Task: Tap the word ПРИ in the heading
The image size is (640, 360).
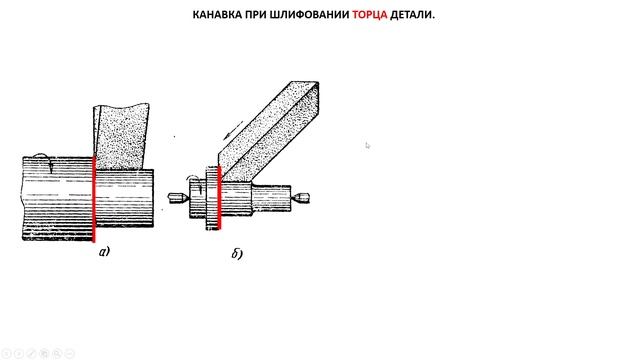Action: [x=256, y=15]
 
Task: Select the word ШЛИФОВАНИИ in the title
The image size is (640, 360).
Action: [x=310, y=15]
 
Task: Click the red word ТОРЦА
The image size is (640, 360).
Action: [x=369, y=15]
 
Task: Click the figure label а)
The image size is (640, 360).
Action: [x=104, y=251]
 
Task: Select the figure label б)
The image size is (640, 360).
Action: [x=237, y=254]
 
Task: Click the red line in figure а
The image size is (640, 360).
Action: [x=94, y=198]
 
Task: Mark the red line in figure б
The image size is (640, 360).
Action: [x=219, y=198]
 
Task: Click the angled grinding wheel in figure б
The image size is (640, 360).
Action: [x=269, y=131]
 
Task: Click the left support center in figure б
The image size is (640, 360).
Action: [x=178, y=198]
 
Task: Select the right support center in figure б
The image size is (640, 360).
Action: [x=300, y=198]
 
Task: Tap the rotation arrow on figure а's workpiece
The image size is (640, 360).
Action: [x=43, y=162]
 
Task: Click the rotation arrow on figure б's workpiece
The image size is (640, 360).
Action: [x=194, y=184]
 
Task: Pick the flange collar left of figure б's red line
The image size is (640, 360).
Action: [x=211, y=198]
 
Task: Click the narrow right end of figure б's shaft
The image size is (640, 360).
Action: [x=271, y=198]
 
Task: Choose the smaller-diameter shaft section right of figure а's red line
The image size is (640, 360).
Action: [x=124, y=198]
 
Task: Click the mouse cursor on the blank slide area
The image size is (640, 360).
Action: [x=368, y=145]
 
